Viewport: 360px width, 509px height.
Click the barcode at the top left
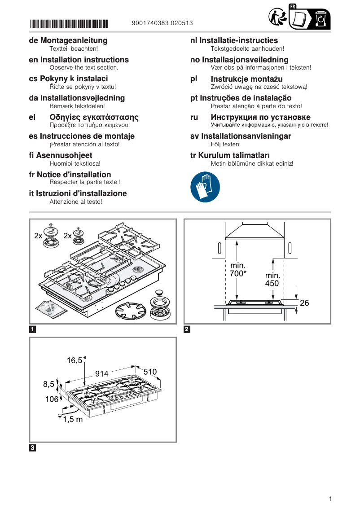(x=69, y=23)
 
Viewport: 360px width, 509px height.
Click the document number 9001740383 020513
(x=163, y=23)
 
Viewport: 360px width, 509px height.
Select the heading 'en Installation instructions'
(x=79, y=60)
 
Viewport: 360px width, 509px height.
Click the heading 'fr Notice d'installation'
(x=70, y=175)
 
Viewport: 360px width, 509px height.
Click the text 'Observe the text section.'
(x=84, y=67)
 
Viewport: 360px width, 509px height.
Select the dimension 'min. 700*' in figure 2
(x=238, y=269)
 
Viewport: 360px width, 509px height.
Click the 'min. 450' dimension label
(x=272, y=279)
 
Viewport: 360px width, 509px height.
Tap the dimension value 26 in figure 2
(x=304, y=303)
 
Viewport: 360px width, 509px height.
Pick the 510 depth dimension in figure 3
(x=150, y=372)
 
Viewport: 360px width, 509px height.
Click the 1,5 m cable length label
(x=72, y=419)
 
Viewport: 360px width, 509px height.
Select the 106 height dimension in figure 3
(x=52, y=399)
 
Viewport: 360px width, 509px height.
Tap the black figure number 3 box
(x=32, y=448)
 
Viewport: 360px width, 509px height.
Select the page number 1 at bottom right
(x=330, y=499)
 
